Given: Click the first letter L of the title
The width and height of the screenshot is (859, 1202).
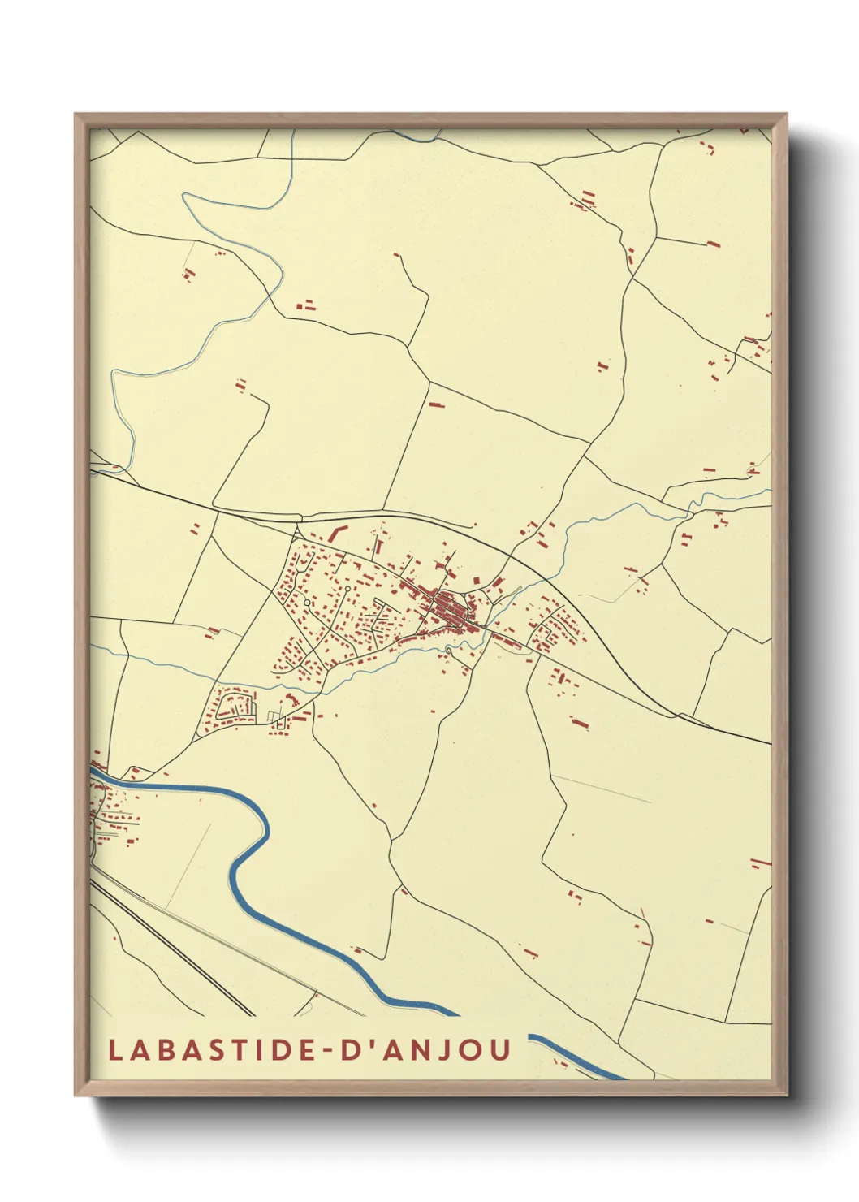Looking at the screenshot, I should tap(115, 1049).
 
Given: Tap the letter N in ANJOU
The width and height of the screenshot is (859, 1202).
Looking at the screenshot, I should tap(417, 1049).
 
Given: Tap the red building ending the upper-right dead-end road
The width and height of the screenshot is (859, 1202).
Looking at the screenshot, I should tap(713, 242).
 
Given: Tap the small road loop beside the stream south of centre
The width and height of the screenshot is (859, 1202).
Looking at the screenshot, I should tap(448, 651).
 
